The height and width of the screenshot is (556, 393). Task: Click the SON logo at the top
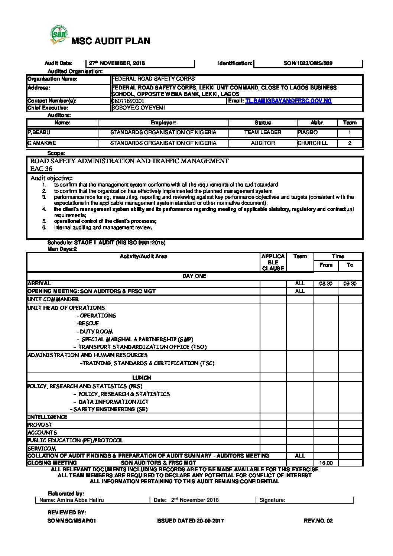click(59, 36)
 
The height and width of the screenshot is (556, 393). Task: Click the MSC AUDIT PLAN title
click(111, 41)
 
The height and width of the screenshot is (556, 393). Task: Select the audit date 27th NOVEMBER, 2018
click(117, 64)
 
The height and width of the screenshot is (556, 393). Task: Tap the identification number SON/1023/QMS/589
click(308, 64)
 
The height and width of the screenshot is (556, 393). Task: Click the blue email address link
click(288, 101)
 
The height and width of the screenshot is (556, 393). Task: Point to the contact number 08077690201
click(128, 101)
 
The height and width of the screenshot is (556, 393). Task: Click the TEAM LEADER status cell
click(263, 132)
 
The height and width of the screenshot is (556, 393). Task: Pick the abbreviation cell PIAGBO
click(308, 132)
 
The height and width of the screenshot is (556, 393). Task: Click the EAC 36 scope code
click(41, 169)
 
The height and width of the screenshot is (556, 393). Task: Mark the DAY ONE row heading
click(194, 276)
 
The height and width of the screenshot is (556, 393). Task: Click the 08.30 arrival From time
click(326, 284)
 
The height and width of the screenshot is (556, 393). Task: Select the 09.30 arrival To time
click(350, 284)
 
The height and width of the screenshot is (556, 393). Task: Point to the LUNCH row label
click(142, 378)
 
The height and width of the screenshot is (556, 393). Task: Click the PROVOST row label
click(40, 425)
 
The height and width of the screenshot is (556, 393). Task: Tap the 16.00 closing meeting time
click(326, 463)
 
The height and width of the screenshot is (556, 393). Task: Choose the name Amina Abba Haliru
click(80, 500)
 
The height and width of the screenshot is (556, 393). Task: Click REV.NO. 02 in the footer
click(318, 521)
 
